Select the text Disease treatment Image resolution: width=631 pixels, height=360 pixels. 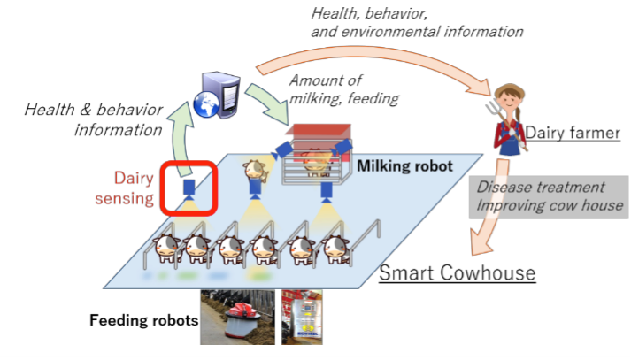[541, 188]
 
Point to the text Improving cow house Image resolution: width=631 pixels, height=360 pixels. [550, 206]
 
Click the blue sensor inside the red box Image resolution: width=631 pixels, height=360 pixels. [189, 187]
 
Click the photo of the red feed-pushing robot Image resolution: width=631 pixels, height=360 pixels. [237, 318]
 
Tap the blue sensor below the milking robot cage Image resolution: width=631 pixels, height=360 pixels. [327, 191]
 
